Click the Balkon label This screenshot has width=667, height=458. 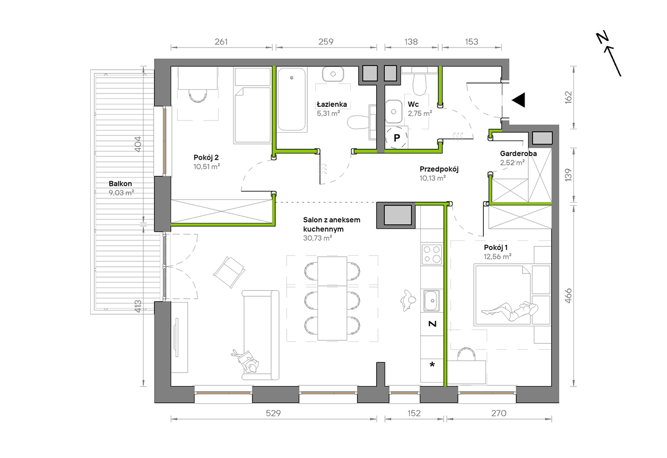coord(120,183)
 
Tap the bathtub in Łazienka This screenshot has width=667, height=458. coord(291,99)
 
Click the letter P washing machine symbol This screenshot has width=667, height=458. coord(397,138)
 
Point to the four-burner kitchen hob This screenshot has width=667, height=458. coord(432,254)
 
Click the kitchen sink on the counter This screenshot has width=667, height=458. coord(431,301)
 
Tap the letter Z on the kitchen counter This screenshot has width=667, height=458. coord(432,324)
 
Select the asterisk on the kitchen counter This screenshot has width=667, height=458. coord(432,364)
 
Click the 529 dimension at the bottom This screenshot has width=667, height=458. coord(273,413)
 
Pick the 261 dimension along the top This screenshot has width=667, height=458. coord(221,42)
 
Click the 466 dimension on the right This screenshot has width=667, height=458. coord(568,296)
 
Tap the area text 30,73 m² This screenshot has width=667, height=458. coord(318,238)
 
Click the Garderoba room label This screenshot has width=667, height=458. coord(518,153)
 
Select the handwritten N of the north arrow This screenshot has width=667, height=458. coord(602,37)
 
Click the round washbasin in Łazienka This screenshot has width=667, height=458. coord(333,74)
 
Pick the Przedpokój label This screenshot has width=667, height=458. coord(439,169)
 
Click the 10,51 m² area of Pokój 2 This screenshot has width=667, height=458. coord(207,167)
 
